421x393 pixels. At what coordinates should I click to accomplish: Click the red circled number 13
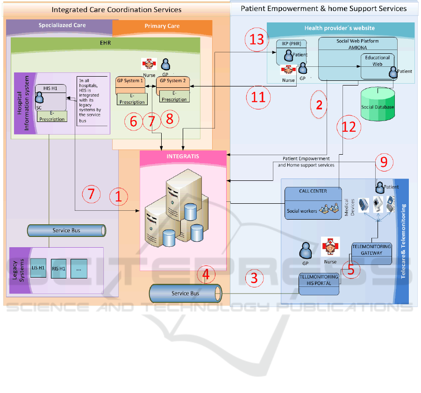[x=257, y=38]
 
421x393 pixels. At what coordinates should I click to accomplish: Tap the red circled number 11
[x=258, y=97]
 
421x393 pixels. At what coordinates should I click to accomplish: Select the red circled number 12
[x=349, y=127]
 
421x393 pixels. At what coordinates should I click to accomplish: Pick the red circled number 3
[x=254, y=278]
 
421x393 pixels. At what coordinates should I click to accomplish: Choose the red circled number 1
[x=118, y=197]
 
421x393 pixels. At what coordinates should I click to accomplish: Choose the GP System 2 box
[x=173, y=81]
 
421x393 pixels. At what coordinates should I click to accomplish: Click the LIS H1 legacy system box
[x=39, y=268]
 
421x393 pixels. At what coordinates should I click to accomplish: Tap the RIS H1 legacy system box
[x=58, y=268]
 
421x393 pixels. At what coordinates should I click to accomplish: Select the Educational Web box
[x=377, y=61]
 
